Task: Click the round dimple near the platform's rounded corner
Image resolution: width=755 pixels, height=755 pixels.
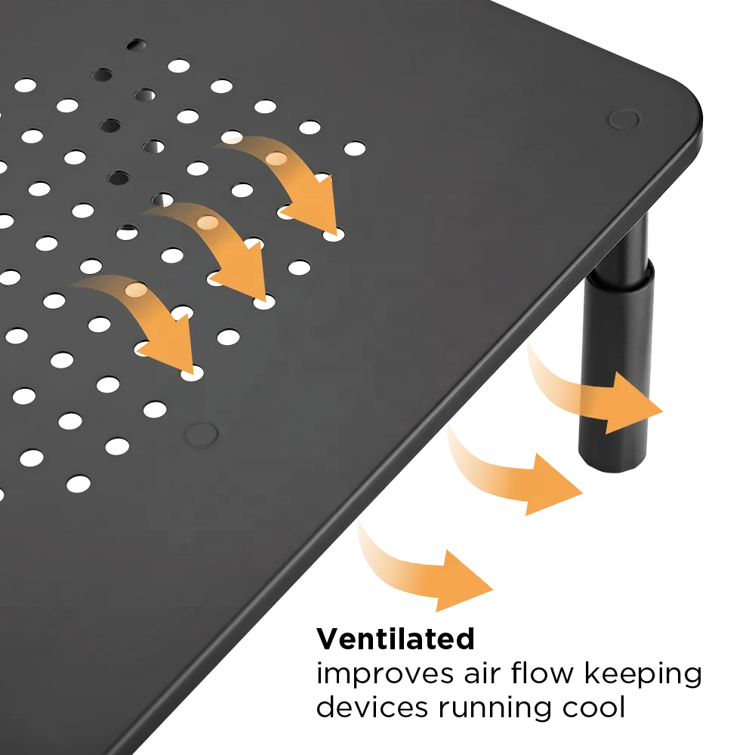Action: point(623,119)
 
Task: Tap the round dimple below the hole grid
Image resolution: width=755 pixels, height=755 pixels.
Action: point(202,433)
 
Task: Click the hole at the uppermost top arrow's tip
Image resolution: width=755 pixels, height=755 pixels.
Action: point(333,236)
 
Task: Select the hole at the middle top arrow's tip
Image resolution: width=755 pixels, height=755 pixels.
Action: point(263,302)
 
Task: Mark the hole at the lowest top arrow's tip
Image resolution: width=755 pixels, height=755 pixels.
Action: point(193,371)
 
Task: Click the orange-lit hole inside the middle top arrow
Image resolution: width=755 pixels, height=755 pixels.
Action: point(206,223)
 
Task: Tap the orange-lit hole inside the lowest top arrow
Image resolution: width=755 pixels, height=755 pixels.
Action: point(135,290)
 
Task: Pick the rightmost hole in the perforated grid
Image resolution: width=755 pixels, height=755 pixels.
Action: point(354,147)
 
